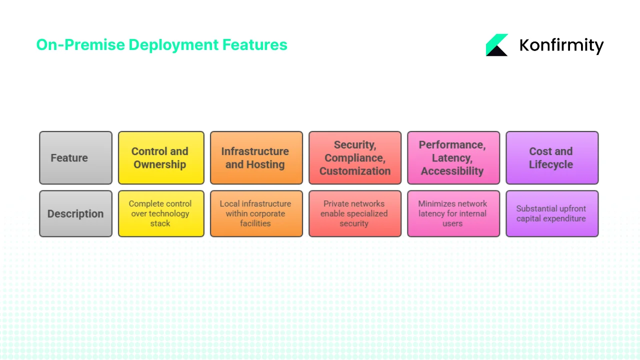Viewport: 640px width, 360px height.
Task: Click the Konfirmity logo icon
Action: [x=497, y=45]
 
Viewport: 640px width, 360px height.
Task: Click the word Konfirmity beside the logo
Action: [x=561, y=45]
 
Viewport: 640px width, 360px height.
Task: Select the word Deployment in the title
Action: [x=173, y=45]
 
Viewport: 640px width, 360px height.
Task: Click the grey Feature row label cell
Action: [x=75, y=158]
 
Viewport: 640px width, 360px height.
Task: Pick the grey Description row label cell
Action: [x=75, y=213]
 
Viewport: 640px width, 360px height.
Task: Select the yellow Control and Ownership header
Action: [x=161, y=158]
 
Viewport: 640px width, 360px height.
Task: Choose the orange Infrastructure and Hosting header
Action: [x=256, y=158]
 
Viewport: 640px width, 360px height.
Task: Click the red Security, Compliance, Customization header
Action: [x=354, y=158]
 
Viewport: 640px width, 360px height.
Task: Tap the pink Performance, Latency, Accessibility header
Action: [x=453, y=158]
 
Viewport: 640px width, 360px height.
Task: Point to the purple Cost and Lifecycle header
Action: [x=551, y=158]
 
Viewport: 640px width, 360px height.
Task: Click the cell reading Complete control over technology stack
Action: [x=161, y=213]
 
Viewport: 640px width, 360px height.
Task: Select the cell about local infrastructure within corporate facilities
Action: [x=256, y=213]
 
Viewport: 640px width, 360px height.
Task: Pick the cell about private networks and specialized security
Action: [x=354, y=213]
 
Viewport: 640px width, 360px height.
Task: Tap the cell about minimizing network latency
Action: [x=453, y=213]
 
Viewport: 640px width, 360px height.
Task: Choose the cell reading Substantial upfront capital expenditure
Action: [x=551, y=213]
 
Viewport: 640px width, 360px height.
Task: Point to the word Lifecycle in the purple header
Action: [x=551, y=164]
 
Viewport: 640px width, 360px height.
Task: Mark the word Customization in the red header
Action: [x=354, y=171]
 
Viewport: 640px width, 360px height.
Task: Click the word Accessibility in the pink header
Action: [x=452, y=171]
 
